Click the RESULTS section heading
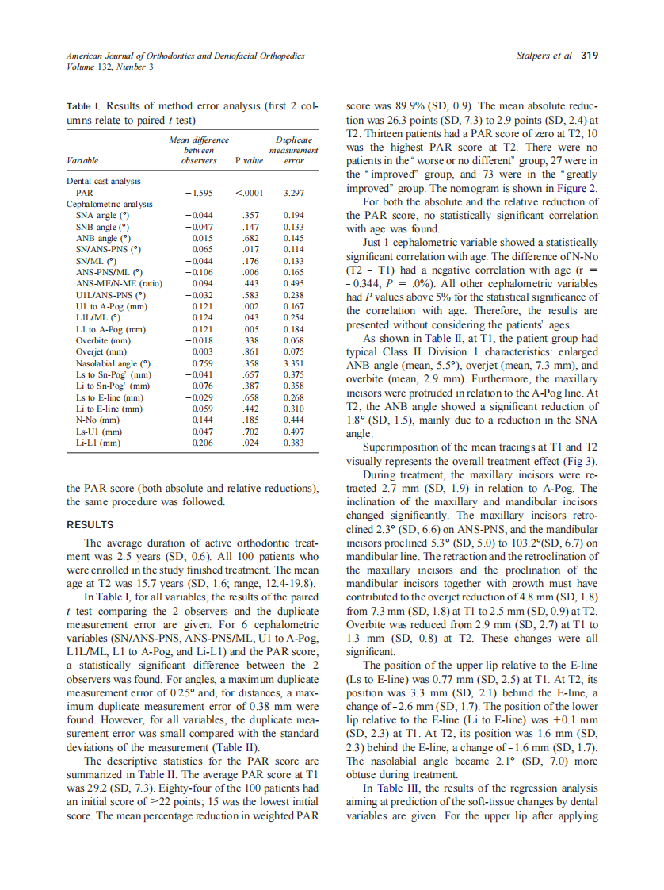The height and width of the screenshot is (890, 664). (x=90, y=525)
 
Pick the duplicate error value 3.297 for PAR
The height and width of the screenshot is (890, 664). (x=293, y=193)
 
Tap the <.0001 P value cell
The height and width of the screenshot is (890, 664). (x=249, y=193)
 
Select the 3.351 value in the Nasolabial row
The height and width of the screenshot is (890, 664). (x=293, y=363)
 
